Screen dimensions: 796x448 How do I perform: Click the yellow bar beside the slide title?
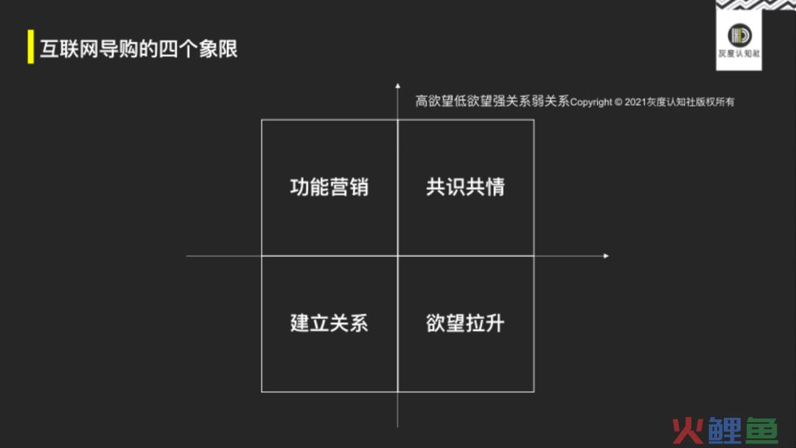(31, 46)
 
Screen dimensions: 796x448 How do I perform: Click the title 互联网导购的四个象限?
(139, 49)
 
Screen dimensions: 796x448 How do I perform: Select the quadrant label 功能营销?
(329, 187)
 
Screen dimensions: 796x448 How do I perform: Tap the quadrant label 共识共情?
(466, 187)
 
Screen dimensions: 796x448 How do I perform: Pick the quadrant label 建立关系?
(329, 323)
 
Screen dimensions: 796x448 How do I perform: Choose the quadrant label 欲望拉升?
(466, 323)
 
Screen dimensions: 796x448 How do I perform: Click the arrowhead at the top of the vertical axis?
(397, 85)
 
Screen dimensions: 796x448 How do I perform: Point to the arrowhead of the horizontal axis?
(606, 256)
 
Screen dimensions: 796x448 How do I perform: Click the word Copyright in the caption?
(591, 102)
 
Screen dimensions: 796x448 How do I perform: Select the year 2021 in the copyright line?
(635, 102)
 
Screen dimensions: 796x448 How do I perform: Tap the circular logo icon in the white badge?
(739, 35)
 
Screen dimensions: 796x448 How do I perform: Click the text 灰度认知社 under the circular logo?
(739, 54)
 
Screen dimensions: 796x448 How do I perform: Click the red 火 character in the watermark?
(688, 431)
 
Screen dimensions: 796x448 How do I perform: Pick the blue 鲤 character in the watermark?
(725, 431)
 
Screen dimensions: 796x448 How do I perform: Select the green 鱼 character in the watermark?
(761, 431)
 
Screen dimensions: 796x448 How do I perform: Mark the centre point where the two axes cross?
(397, 256)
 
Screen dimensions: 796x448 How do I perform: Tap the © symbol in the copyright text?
(618, 102)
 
